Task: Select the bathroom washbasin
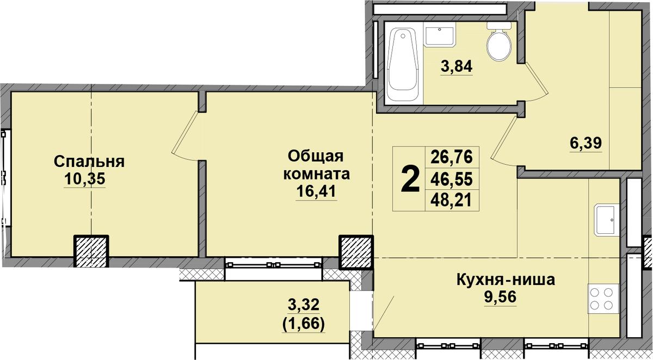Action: click(x=439, y=36)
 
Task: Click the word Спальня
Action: click(x=89, y=162)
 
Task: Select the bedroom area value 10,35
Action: click(x=84, y=179)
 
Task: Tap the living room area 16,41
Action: click(x=317, y=191)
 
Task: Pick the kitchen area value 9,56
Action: click(x=500, y=297)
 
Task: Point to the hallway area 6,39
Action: click(x=586, y=143)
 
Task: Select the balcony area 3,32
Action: click(x=304, y=305)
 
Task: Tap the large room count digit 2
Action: click(x=410, y=179)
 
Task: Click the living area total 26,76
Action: click(x=452, y=157)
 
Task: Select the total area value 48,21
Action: click(x=451, y=200)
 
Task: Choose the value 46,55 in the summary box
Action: click(x=452, y=179)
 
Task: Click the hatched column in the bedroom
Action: click(x=91, y=251)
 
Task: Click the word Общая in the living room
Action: click(x=316, y=157)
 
